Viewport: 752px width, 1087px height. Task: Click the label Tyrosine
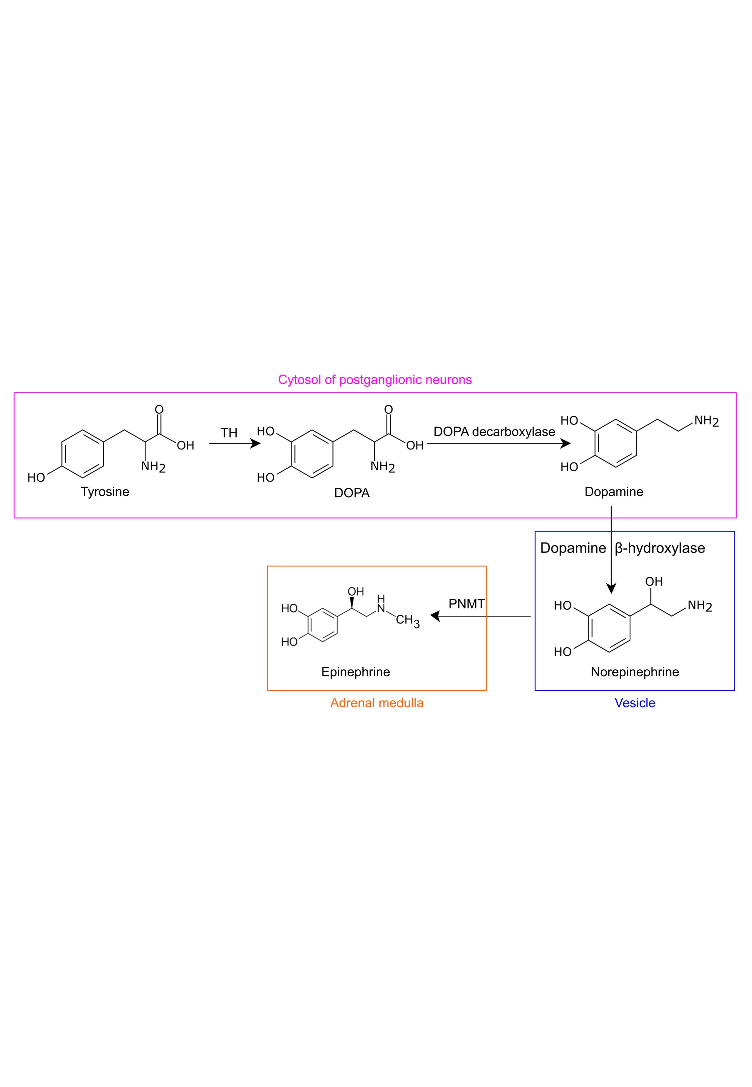tap(105, 492)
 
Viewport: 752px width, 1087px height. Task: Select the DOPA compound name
tap(352, 493)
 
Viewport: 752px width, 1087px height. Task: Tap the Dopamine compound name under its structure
tap(614, 492)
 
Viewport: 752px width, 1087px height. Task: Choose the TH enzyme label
tap(229, 433)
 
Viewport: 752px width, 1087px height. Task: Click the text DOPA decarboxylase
tap(494, 432)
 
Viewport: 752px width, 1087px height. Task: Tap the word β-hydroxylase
tap(660, 548)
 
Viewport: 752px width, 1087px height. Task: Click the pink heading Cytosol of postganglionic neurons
tap(375, 380)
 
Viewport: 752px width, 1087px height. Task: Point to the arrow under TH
tap(234, 443)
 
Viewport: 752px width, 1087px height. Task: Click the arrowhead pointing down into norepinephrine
tap(611, 588)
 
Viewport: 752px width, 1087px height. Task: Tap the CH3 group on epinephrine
tap(407, 620)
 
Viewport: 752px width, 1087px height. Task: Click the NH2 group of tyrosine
tap(153, 467)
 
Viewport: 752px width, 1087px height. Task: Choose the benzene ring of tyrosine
tap(83, 454)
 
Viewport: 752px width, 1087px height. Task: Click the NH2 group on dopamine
tap(706, 421)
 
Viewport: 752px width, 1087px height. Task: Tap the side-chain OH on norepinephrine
tap(653, 582)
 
